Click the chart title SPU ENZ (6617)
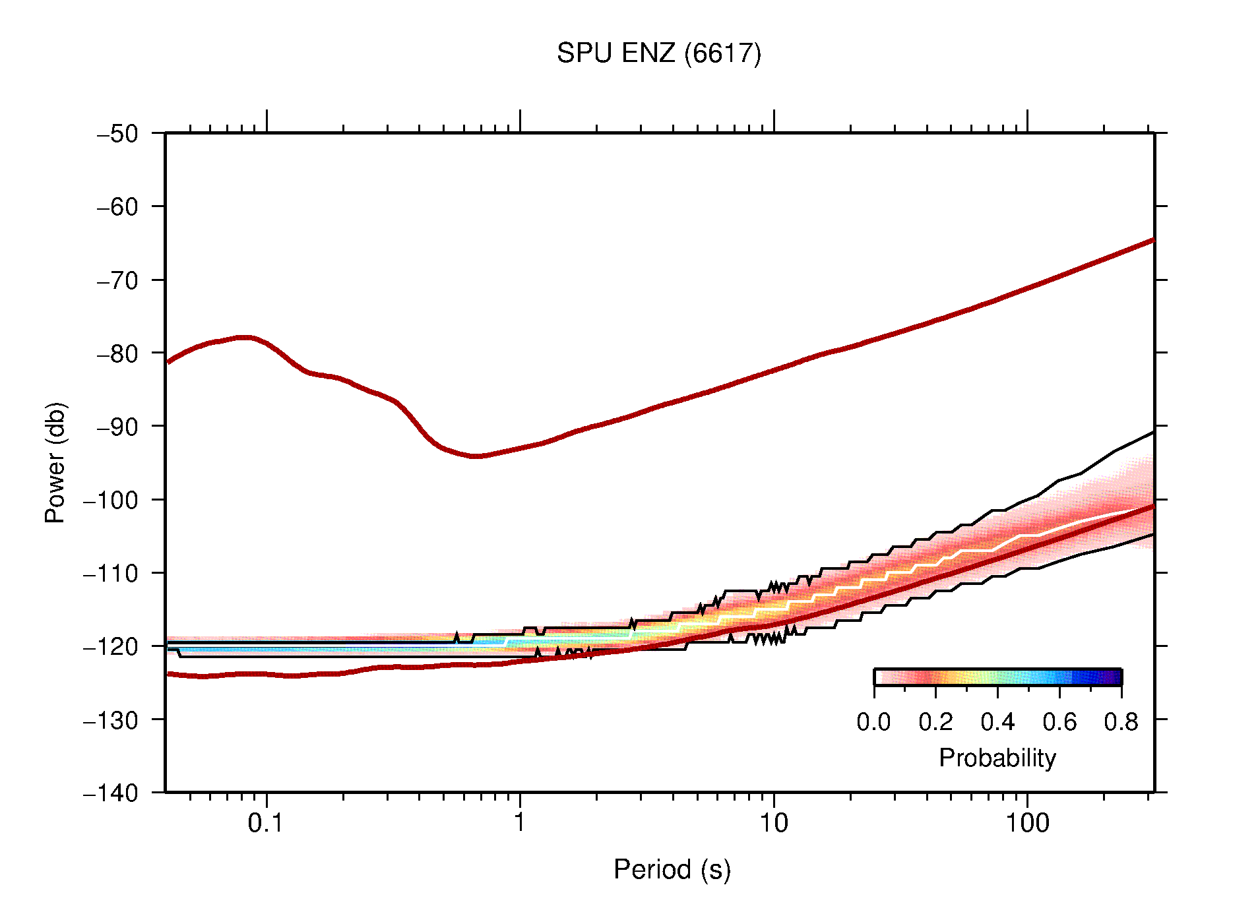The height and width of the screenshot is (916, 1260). click(658, 53)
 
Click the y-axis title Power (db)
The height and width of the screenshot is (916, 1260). click(55, 462)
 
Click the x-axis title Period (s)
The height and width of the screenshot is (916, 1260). click(672, 870)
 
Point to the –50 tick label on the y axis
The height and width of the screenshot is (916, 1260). click(117, 134)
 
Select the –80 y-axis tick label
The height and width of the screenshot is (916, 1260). click(117, 353)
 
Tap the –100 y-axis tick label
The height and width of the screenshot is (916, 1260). click(110, 500)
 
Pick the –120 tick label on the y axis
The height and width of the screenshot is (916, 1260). click(110, 646)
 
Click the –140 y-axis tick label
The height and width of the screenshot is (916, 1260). click(110, 793)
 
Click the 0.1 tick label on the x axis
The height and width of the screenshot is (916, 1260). click(266, 823)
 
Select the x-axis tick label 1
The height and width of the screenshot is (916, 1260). click(520, 823)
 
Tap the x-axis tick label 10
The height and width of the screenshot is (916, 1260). click(773, 823)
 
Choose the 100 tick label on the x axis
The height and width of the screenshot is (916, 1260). click(1026, 823)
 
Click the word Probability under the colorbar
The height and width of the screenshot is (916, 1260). click(997, 758)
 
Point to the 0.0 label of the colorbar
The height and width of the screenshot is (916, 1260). click(873, 722)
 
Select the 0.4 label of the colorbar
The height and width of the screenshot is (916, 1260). click(997, 722)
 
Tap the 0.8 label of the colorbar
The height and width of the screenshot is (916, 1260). click(1121, 722)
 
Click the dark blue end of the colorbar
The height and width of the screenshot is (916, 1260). click(1115, 677)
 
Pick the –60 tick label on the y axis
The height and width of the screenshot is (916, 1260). click(117, 207)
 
